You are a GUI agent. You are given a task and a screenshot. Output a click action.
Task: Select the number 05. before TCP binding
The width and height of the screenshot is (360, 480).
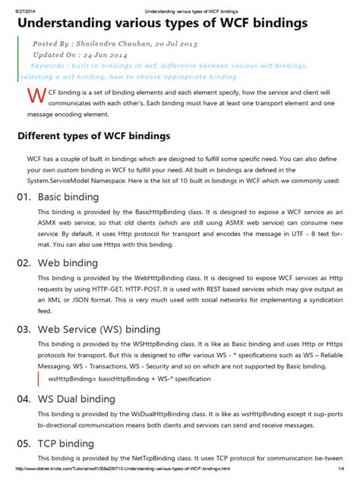tap(26, 444)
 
